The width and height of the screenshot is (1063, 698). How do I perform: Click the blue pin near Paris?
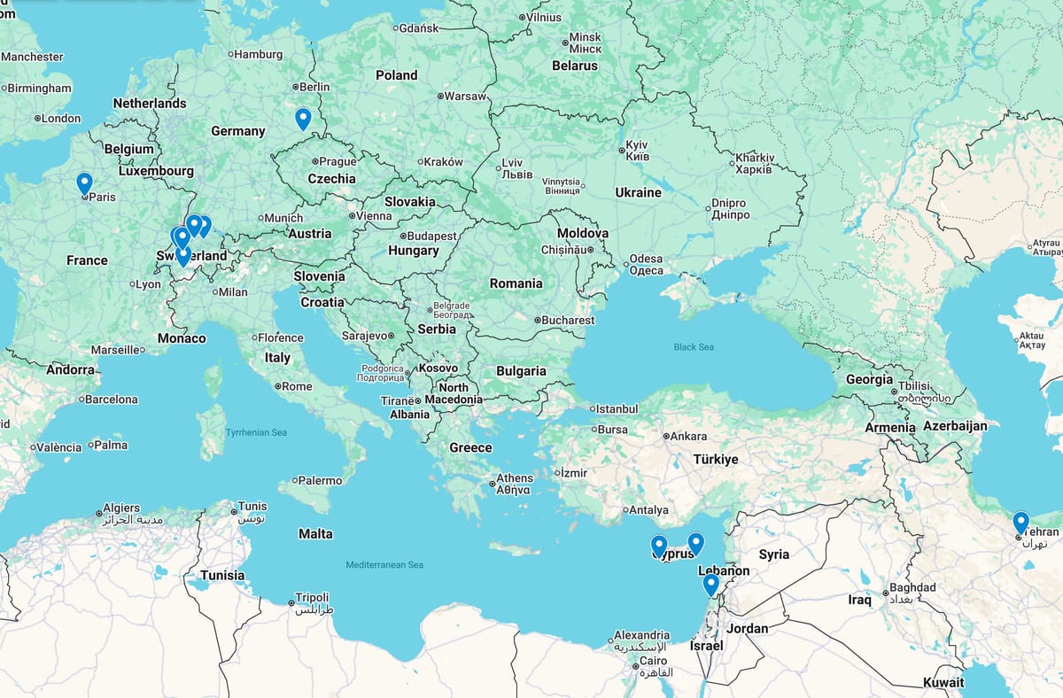click(84, 183)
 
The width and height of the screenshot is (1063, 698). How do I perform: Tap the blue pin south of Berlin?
click(303, 119)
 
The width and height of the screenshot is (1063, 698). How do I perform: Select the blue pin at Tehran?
click(1020, 523)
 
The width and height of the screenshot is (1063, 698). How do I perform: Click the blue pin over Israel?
click(710, 585)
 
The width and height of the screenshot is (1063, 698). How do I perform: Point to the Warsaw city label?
click(465, 96)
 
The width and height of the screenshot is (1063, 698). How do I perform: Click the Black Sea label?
click(694, 347)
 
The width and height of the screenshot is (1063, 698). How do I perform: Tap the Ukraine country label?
click(638, 192)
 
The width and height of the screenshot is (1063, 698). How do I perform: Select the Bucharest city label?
click(568, 320)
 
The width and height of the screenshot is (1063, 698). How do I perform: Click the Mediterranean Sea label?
click(384, 564)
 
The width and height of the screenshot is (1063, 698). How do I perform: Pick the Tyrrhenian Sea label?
click(256, 432)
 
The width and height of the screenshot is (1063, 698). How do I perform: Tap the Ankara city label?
click(688, 436)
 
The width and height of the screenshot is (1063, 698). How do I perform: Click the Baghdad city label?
click(912, 588)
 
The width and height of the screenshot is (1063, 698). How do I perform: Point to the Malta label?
click(315, 534)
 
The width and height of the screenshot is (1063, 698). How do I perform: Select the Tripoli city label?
click(312, 598)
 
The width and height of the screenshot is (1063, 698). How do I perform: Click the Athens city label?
click(515, 478)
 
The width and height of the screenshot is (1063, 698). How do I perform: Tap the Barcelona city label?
click(112, 399)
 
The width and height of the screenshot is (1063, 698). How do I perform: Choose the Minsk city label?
click(585, 37)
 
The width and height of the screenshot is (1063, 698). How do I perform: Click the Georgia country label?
click(869, 379)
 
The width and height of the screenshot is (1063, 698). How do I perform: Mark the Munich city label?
click(283, 218)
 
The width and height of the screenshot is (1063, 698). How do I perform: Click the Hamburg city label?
click(259, 54)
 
